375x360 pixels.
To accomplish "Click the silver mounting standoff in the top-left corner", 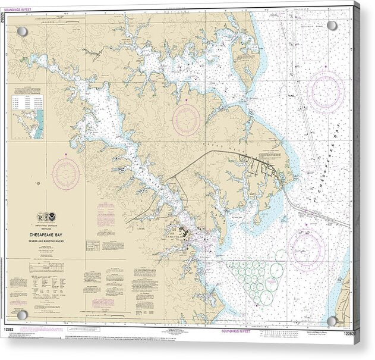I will coord(22,31).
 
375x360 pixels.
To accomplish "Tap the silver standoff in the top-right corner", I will coord(332,26).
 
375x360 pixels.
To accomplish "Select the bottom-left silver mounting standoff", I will coord(22,314).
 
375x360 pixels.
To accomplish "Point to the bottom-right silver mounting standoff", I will coord(332,321).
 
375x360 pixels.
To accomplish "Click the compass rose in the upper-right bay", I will coord(326,90).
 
